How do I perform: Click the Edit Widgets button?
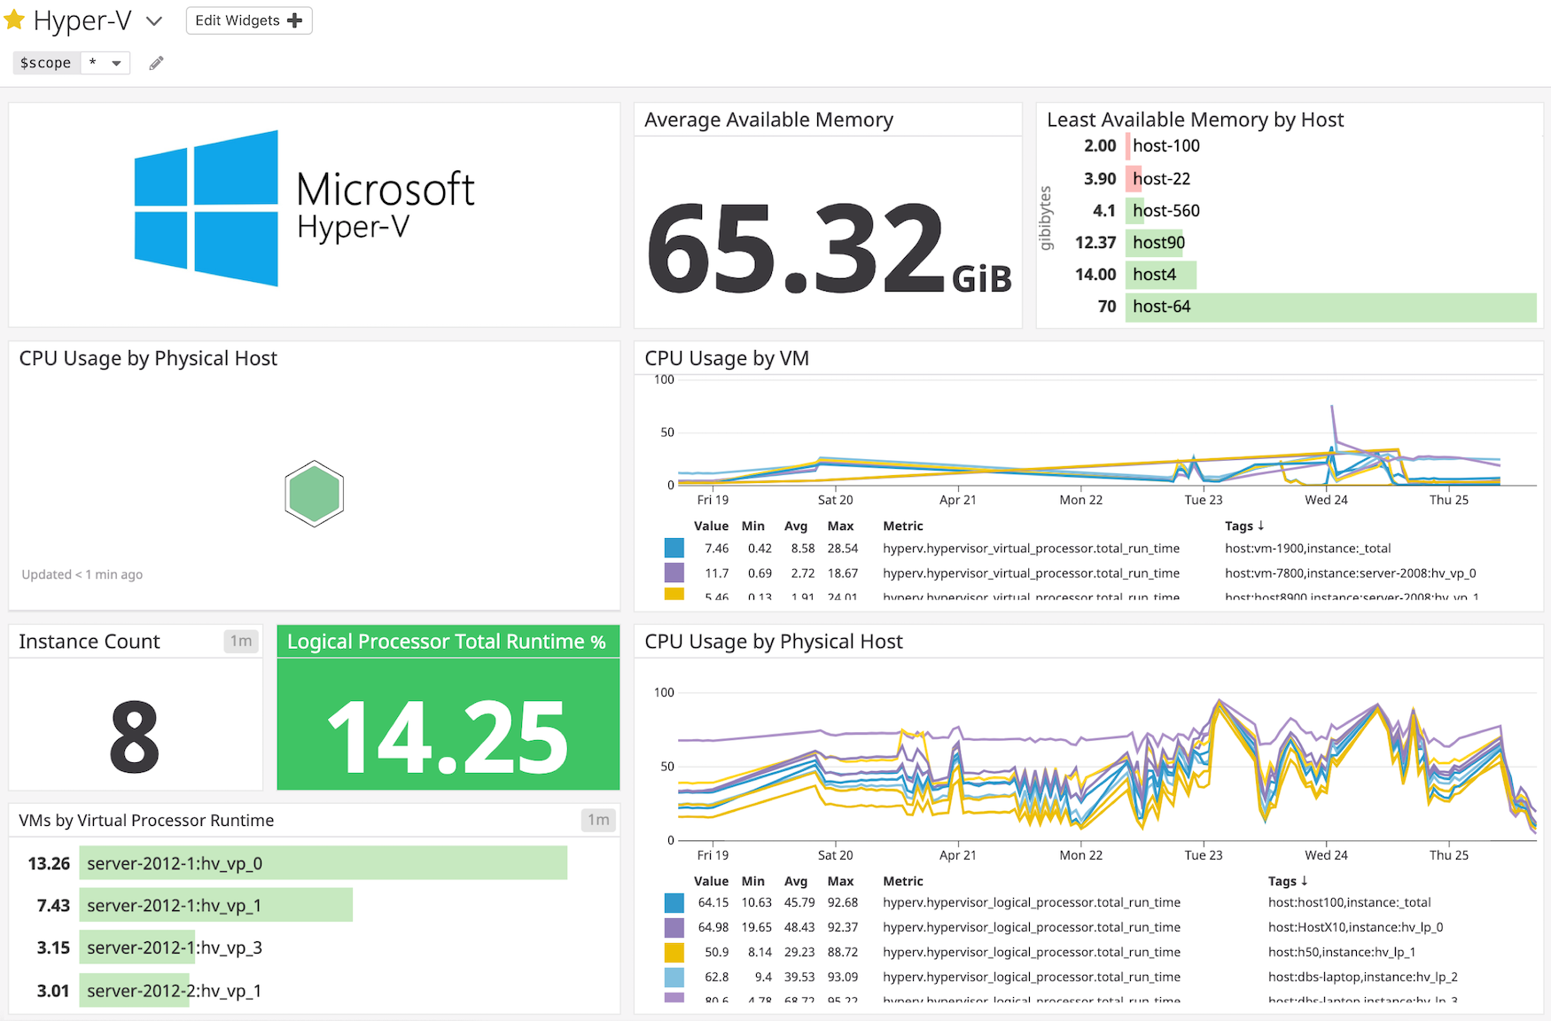(248, 20)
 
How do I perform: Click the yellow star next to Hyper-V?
(14, 19)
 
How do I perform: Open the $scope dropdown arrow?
(116, 63)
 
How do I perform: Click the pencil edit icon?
(156, 63)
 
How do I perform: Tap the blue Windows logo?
(206, 209)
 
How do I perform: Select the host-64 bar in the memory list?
(1329, 307)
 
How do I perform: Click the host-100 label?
(1165, 146)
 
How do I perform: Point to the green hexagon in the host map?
(314, 494)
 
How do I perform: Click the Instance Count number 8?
(135, 737)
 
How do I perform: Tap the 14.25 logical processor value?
(448, 737)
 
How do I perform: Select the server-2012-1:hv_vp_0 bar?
(323, 863)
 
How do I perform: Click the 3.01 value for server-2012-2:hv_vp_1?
(53, 991)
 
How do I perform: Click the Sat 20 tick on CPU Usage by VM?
(835, 500)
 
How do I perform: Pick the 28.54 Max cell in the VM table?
(842, 549)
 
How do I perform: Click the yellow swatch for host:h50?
(674, 953)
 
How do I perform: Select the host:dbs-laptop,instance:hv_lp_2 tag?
(1362, 977)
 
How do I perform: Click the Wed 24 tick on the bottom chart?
(1326, 855)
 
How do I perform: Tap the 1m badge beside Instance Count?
(241, 641)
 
